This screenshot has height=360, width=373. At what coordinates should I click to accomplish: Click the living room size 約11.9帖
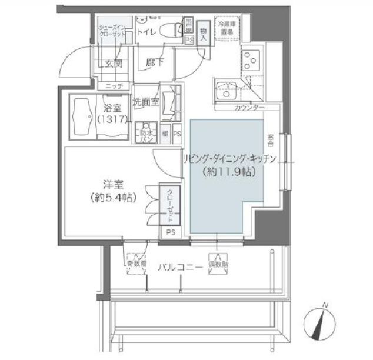click(225, 174)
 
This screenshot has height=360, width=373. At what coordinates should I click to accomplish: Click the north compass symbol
click(322, 321)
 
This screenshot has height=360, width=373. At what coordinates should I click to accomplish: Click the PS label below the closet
click(170, 232)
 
